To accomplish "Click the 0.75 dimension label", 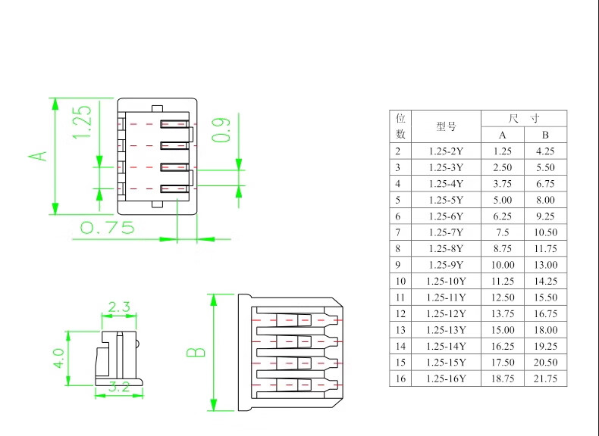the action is (x=108, y=228).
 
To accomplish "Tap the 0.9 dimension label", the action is (x=221, y=130).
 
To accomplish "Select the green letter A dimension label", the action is (x=38, y=156).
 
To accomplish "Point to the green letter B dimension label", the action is (x=196, y=352).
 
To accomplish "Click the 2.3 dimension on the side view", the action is (x=119, y=307).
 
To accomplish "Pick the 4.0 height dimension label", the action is (x=59, y=358).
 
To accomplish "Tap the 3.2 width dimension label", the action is (x=119, y=387).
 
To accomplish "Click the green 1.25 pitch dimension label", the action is (x=82, y=122).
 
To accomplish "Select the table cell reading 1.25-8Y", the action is (x=446, y=249).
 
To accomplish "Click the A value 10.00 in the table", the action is (x=503, y=265).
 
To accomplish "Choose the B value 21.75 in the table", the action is (x=545, y=378).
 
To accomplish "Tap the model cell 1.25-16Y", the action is (x=446, y=378).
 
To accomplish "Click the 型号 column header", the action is (x=446, y=126).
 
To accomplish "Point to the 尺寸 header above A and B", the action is (x=524, y=119).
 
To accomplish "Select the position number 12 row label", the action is (x=400, y=313).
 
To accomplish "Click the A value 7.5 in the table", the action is (x=503, y=232).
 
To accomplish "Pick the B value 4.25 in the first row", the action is (x=545, y=151).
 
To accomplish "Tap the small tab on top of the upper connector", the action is (x=158, y=109).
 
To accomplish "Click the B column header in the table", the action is (x=545, y=135).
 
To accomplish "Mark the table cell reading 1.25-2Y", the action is (x=446, y=151).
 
